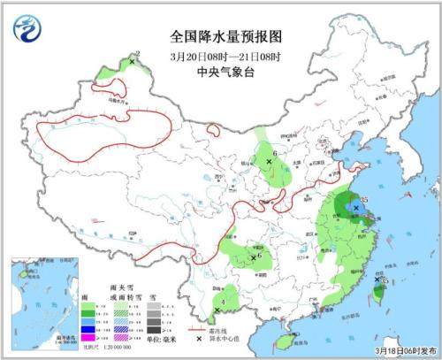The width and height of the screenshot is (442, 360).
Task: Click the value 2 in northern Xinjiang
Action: tap(138, 54)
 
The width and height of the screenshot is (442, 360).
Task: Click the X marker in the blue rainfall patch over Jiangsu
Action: tap(355, 207)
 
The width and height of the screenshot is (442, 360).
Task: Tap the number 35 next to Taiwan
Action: tap(385, 280)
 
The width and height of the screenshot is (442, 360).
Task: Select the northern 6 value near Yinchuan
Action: tap(276, 154)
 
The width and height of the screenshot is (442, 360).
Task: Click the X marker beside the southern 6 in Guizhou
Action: tap(254, 257)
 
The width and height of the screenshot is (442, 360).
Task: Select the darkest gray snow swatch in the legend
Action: tap(153, 330)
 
